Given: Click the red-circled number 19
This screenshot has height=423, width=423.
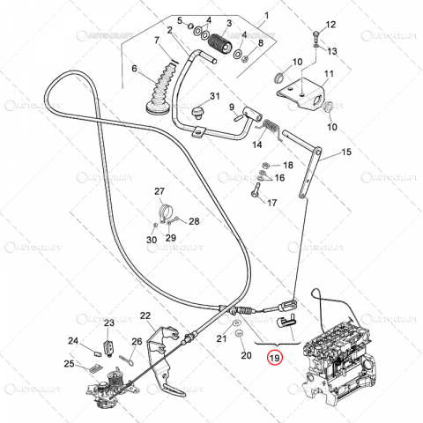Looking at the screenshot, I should coord(275,359).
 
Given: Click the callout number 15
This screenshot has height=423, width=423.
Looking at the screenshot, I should coord(346,152).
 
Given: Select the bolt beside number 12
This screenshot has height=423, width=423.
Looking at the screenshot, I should coord(315,36).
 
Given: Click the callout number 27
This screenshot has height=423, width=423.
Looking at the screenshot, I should coord(160,191).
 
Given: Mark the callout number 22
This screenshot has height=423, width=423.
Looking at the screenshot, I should coord(145,315).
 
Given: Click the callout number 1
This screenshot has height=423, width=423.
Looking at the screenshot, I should coord(268,16).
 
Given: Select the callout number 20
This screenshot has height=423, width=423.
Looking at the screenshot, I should coord(246,355).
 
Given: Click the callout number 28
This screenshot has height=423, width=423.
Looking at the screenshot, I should coord(194,222).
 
